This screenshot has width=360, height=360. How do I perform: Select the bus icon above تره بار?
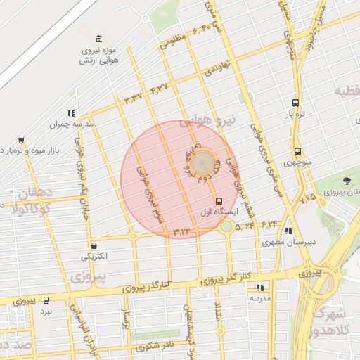[295, 101]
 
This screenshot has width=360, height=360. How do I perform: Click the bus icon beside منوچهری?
[297, 151]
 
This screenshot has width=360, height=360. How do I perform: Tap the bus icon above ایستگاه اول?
[219, 201]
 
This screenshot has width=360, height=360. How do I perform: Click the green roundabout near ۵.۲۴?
[226, 226]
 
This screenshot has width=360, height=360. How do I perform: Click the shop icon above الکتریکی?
[94, 245]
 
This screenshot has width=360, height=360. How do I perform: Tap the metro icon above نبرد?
[46, 300]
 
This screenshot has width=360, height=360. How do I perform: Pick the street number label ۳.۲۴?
[181, 230]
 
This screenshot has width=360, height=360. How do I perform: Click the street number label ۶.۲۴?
[270, 224]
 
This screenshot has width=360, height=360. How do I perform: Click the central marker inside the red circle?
[204, 163]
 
